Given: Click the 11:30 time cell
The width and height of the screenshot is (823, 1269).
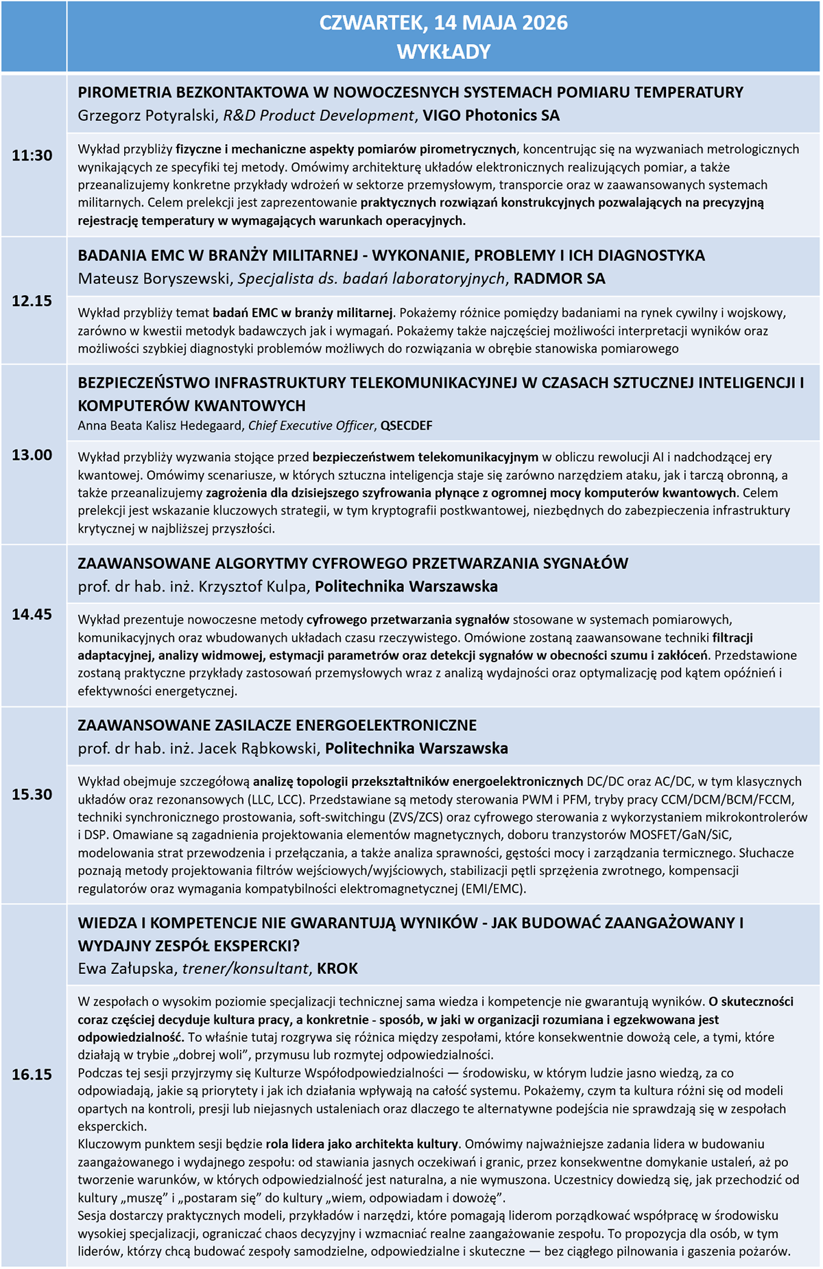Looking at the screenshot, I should click(x=32, y=156).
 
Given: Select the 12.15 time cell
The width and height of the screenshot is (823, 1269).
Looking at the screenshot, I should click(x=32, y=301).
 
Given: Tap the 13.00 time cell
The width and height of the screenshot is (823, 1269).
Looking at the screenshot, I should click(x=32, y=455).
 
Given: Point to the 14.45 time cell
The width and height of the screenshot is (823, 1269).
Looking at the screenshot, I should click(x=32, y=614).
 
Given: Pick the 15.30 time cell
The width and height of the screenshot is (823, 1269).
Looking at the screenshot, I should click(x=32, y=794).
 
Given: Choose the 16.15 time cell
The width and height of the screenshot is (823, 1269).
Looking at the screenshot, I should click(x=32, y=1075).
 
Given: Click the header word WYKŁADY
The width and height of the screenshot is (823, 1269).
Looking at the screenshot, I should click(x=444, y=51).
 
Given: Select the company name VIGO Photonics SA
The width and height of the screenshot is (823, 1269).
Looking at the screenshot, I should click(x=491, y=115).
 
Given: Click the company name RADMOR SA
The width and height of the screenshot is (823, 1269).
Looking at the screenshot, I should click(x=559, y=278).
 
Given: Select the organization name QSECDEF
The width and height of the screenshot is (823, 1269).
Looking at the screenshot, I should click(x=407, y=426).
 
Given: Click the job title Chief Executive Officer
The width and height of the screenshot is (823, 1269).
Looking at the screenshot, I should click(x=311, y=426).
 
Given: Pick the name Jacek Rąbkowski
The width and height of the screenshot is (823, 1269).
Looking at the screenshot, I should click(x=257, y=748).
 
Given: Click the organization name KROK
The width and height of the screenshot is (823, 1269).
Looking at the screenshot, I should click(x=337, y=968).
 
